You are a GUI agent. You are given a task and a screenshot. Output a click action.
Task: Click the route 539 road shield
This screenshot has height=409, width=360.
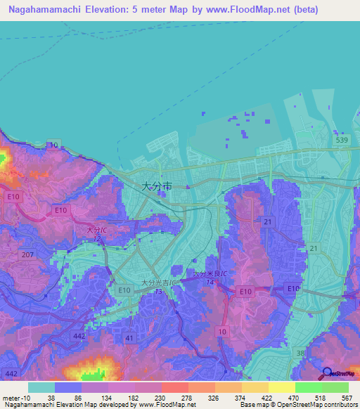click(x=342, y=141)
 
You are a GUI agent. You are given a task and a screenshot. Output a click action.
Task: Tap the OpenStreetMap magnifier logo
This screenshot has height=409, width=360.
click(x=328, y=373)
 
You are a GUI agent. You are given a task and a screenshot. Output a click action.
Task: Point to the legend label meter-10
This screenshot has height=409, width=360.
click(x=15, y=397)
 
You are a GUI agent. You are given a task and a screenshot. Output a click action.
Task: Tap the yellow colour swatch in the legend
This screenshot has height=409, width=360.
click(x=281, y=387)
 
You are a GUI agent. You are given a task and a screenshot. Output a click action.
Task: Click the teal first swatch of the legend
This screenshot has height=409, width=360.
click(x=41, y=387)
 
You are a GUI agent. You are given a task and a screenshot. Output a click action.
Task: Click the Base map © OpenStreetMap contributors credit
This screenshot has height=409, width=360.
click(x=299, y=405)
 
